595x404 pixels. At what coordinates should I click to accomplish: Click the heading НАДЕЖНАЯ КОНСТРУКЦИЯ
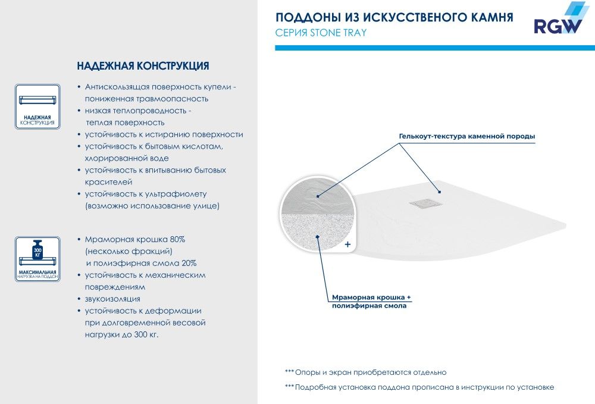143,65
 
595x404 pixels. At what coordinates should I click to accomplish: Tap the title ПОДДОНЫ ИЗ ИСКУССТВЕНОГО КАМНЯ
394,17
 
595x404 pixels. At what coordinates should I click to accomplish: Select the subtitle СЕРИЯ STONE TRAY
321,33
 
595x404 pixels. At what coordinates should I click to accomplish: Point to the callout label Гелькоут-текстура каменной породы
467,136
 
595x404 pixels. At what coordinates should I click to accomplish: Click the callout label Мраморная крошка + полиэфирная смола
371,301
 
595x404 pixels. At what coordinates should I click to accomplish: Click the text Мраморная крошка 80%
135,239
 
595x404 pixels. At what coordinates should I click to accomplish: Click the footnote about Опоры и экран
365,372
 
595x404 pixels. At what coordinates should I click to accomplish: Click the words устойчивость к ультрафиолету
145,194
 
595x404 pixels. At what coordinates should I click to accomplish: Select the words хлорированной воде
127,158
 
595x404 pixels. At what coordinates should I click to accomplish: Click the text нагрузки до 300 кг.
121,334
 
